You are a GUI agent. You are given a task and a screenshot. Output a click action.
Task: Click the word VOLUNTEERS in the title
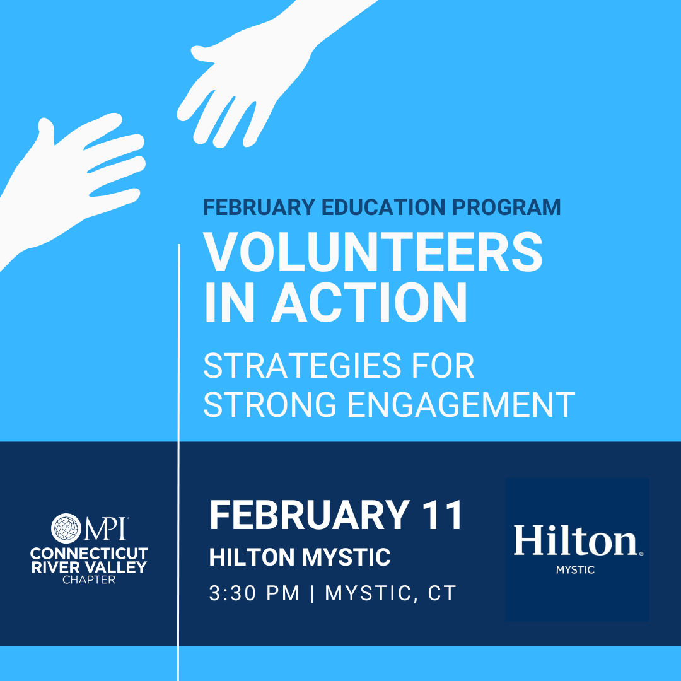[373, 252]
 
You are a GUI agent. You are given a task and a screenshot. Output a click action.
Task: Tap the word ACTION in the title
[369, 302]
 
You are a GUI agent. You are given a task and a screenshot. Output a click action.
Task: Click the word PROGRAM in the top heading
[506, 207]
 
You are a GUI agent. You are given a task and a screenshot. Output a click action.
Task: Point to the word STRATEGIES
[302, 366]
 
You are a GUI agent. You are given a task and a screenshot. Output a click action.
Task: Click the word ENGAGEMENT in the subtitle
[461, 404]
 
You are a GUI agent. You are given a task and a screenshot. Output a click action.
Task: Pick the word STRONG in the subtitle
[270, 404]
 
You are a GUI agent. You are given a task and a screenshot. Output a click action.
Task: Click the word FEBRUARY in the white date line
[310, 515]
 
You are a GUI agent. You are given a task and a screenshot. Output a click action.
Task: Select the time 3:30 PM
[255, 593]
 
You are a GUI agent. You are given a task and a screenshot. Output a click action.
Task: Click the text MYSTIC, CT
[390, 593]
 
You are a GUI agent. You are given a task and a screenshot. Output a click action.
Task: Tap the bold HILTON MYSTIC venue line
[300, 557]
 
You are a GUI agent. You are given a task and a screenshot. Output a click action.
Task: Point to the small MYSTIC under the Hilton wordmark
[576, 570]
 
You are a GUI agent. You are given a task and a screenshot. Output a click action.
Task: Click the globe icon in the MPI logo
[66, 528]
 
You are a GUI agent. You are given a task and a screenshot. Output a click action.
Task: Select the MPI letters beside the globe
[105, 528]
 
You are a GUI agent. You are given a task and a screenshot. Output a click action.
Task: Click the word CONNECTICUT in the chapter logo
[89, 554]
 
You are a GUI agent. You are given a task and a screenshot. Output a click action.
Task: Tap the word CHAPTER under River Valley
[89, 580]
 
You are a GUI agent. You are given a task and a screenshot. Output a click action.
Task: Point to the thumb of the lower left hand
[46, 131]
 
